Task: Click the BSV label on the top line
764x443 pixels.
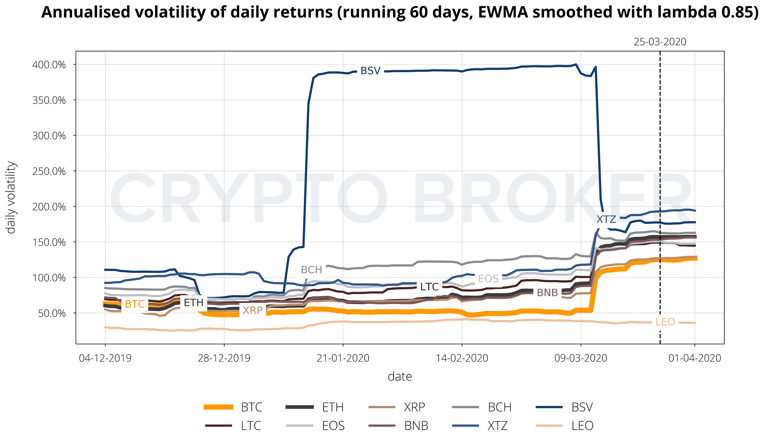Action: [370, 71]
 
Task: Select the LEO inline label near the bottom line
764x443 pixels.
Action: [665, 322]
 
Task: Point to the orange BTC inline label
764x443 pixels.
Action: [134, 304]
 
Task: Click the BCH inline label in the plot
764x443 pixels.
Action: [311, 270]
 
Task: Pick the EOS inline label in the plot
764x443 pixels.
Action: [488, 278]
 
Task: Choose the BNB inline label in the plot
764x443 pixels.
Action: [547, 293]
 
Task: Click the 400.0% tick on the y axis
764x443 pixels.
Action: [49, 64]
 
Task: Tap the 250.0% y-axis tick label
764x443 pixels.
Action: [49, 171]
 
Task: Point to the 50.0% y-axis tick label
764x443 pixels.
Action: [52, 313]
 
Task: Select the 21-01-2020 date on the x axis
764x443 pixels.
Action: [343, 359]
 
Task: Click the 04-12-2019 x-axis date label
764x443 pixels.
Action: [105, 359]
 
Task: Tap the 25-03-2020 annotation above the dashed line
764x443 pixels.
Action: [660, 42]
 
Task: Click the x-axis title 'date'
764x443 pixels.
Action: [400, 377]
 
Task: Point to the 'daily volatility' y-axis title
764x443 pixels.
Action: [11, 198]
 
